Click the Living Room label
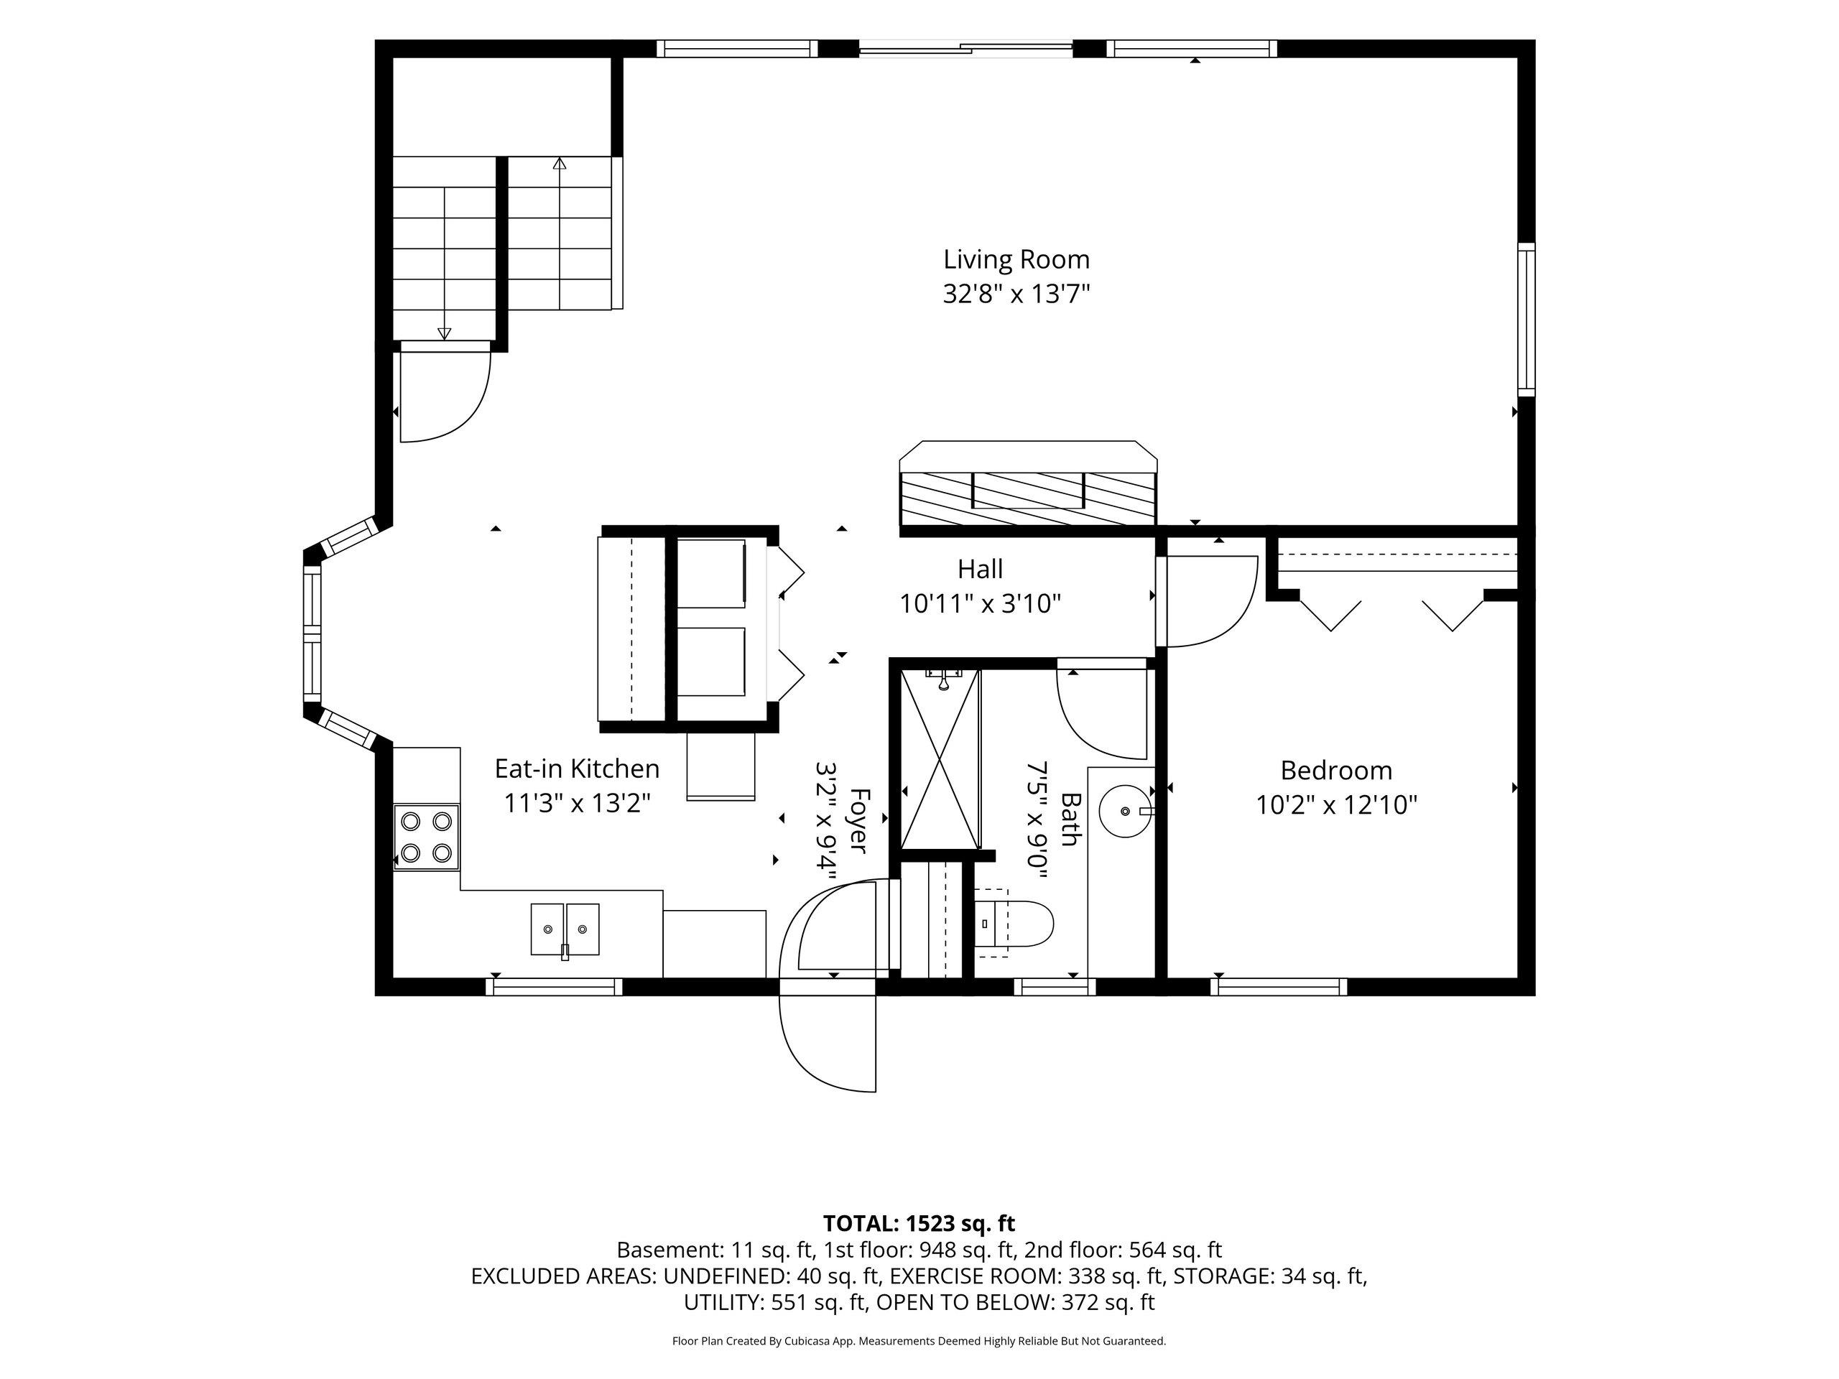click(1016, 259)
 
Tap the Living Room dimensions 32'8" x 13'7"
click(1016, 294)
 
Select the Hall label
click(980, 570)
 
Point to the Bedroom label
click(1336, 771)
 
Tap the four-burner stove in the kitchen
click(427, 837)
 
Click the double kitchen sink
click(565, 929)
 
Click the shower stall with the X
click(940, 759)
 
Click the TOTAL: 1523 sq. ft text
click(919, 1224)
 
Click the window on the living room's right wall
click(1527, 319)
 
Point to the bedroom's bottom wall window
click(1279, 987)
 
